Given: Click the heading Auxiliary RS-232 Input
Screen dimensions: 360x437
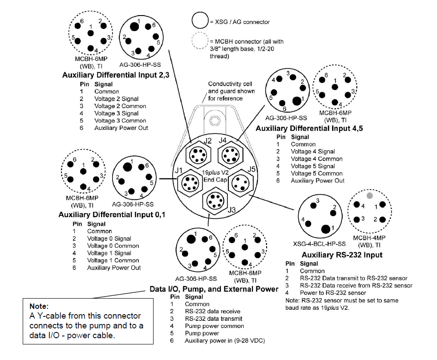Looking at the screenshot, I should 342,255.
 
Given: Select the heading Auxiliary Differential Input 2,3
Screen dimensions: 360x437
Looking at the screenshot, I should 115,75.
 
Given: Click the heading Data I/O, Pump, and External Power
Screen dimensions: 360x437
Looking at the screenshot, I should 214,289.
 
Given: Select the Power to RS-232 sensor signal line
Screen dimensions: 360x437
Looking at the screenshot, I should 332,292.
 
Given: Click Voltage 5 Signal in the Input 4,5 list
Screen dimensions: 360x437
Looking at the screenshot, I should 312,166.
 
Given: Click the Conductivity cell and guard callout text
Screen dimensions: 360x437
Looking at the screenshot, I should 231,91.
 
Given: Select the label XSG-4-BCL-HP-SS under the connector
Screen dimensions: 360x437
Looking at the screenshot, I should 320,244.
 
